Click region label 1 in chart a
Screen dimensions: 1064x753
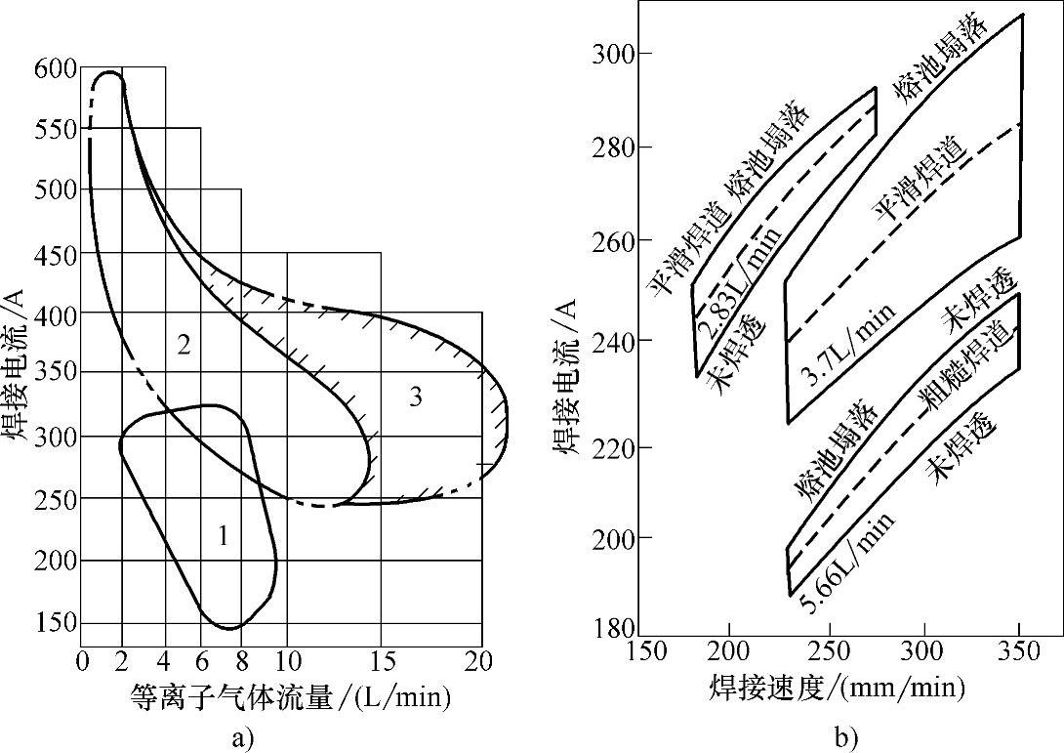(x=223, y=535)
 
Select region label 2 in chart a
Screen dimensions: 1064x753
(x=183, y=344)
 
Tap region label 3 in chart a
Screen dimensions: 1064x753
(x=415, y=397)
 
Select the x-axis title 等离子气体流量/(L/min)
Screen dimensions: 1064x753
(x=289, y=697)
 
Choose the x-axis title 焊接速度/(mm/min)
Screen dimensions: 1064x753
(x=838, y=689)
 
